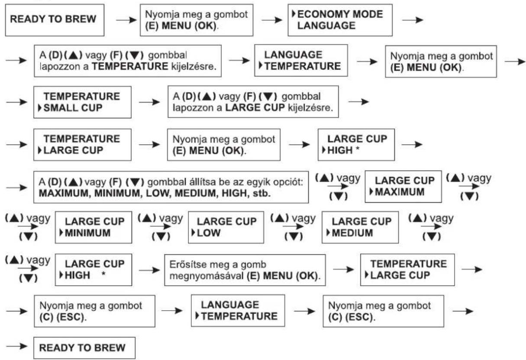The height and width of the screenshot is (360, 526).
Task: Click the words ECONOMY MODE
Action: (340, 14)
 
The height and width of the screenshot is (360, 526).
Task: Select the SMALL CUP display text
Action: (73, 108)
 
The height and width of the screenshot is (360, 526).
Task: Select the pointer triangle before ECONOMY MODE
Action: (294, 14)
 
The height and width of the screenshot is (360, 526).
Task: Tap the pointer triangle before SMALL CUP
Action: (40, 108)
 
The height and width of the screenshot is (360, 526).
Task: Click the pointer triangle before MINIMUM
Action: (61, 233)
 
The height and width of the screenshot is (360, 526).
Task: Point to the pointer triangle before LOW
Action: (193, 233)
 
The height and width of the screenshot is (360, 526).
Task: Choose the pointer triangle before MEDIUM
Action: (328, 233)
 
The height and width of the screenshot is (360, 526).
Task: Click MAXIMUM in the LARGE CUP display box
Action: (400, 192)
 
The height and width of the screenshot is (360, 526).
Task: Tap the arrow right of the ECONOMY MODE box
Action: (413, 20)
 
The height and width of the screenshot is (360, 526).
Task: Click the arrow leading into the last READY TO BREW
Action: (17, 346)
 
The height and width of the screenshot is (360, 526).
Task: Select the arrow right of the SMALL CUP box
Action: (149, 102)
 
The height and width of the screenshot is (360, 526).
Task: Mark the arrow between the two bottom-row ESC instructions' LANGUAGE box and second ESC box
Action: (304, 311)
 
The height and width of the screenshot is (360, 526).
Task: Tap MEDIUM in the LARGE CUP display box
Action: (352, 233)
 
